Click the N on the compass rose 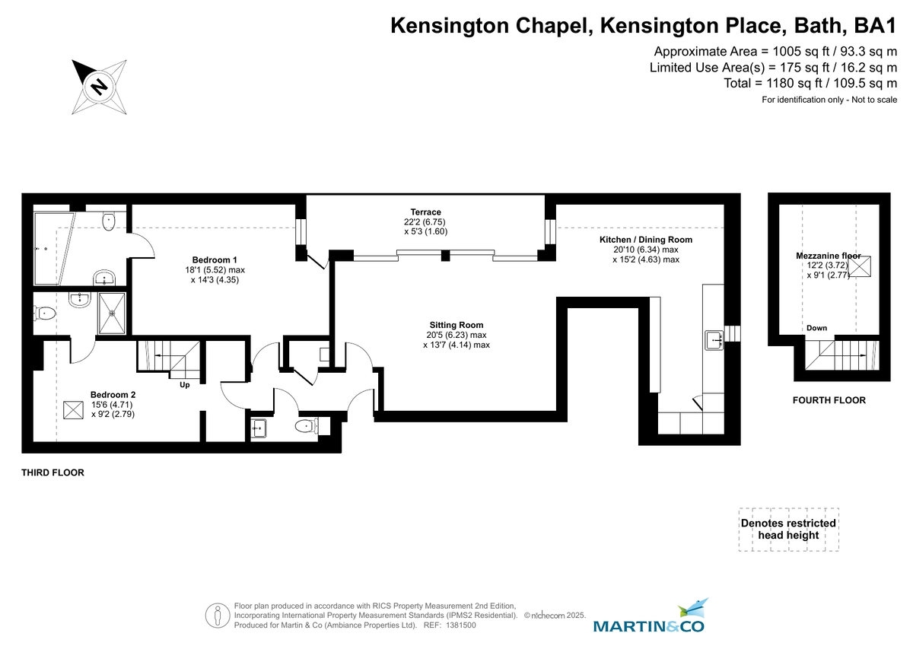point(98,86)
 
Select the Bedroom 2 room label point(113,394)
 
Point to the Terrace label point(425,212)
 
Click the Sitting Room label point(456,325)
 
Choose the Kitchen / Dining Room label point(645,240)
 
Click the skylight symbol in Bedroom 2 point(73,410)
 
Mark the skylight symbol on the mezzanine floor point(862,268)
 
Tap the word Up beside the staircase point(184,385)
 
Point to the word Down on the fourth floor point(816,328)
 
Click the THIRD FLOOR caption point(52,473)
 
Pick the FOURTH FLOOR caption point(829,400)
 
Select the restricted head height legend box point(788,529)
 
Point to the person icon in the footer point(218,614)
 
